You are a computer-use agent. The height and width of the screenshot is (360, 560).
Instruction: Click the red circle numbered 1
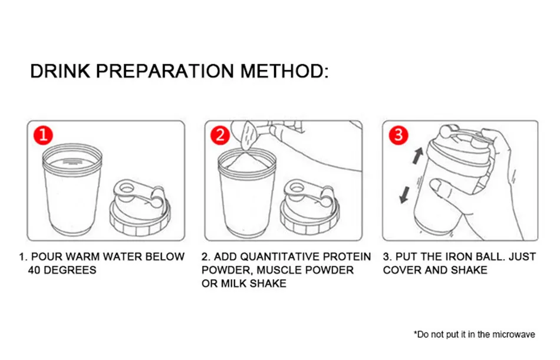point(43,136)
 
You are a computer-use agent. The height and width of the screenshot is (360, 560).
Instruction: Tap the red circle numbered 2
point(220,136)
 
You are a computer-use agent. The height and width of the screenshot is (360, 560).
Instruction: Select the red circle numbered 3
point(398,136)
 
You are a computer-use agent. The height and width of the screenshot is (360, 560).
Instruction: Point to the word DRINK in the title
point(60,71)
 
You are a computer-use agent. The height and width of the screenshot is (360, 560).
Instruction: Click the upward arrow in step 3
point(418,156)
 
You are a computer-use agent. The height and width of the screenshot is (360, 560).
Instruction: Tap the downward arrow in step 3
point(404,195)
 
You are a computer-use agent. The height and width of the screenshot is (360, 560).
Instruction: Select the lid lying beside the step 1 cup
point(140,208)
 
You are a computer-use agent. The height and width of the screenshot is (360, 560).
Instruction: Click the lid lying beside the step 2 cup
point(309,207)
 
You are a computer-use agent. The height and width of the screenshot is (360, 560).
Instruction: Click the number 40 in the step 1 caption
point(34,270)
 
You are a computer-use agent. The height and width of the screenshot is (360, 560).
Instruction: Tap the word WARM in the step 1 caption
point(80,257)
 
